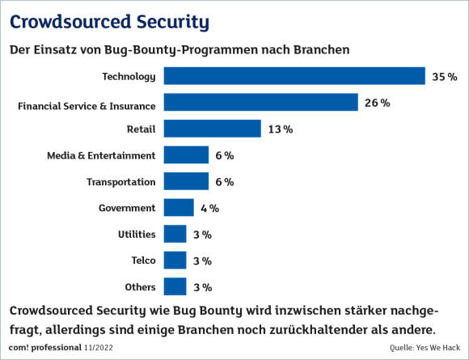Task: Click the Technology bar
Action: click(294, 76)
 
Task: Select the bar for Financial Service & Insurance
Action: click(261, 102)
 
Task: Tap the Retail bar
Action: click(213, 129)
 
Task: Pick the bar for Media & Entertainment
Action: click(186, 155)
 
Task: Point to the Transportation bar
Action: click(186, 181)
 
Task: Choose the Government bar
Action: click(179, 207)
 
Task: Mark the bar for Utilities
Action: click(175, 234)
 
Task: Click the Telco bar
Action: click(175, 260)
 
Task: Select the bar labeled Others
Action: click(175, 286)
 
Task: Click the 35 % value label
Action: click(445, 77)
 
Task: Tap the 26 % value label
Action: click(377, 103)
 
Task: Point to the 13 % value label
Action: click(281, 129)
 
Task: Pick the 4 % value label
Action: click(209, 208)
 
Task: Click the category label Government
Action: click(127, 208)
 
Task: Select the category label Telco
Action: click(144, 260)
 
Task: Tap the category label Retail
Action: click(142, 129)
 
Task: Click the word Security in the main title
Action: click(173, 23)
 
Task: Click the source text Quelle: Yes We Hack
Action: click(425, 347)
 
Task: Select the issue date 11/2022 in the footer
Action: click(99, 347)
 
